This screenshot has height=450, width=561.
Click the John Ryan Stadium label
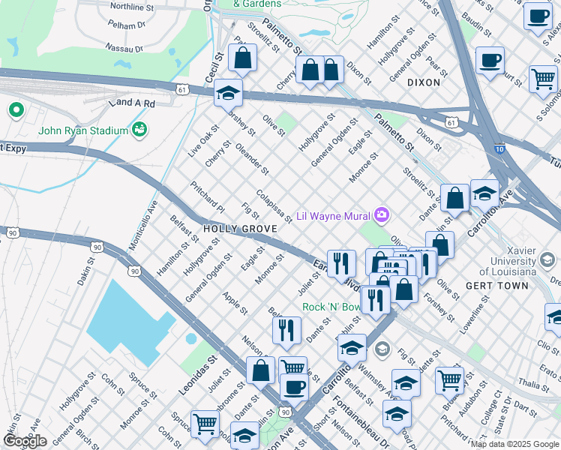pyautogui.click(x=83, y=131)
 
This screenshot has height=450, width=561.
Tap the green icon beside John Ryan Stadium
pyautogui.click(x=139, y=131)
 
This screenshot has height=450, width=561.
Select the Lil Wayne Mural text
pyautogui.click(x=334, y=216)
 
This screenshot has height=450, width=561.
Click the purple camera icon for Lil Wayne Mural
pyautogui.click(x=382, y=216)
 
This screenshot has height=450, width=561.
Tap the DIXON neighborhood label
pyautogui.click(x=424, y=82)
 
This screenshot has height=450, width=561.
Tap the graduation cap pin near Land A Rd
pyautogui.click(x=229, y=94)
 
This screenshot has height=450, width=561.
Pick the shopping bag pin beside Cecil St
pyautogui.click(x=243, y=57)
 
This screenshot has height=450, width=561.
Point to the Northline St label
pyautogui.click(x=132, y=6)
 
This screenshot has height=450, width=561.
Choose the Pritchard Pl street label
pyautogui.click(x=207, y=196)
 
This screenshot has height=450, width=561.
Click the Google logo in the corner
pyautogui.click(x=25, y=441)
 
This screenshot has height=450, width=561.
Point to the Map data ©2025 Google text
pyautogui.click(x=514, y=444)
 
